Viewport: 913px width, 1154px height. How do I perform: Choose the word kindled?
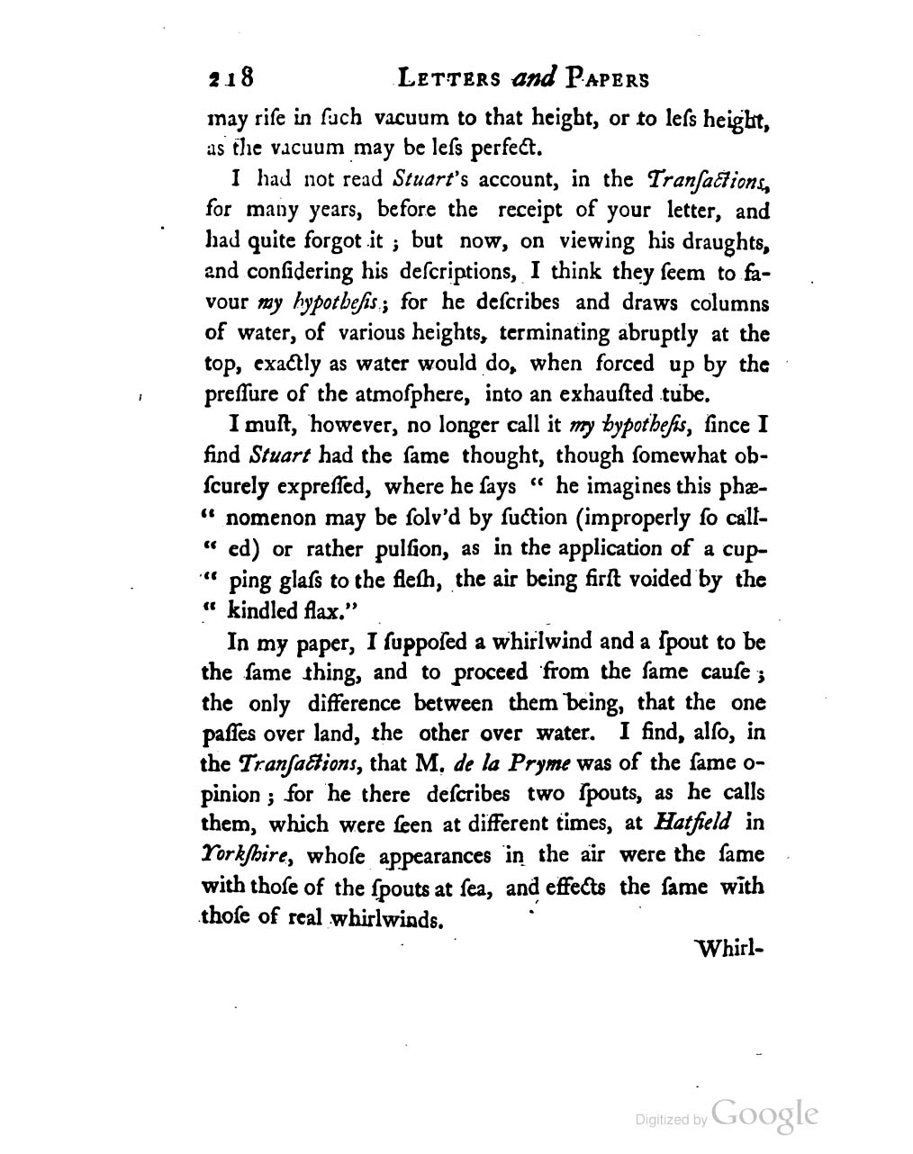[262, 610]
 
